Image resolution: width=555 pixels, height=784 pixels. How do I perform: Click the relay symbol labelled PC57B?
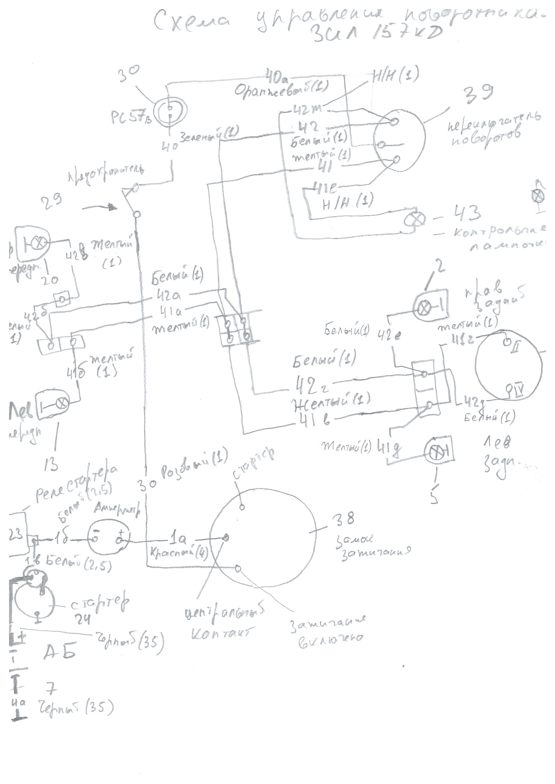pos(170,111)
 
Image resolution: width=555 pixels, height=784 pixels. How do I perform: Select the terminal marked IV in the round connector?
pos(509,387)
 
